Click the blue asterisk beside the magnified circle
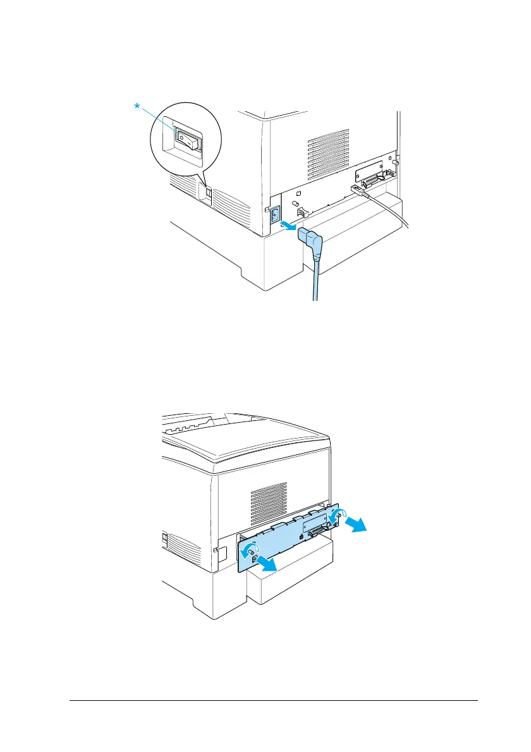137,107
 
